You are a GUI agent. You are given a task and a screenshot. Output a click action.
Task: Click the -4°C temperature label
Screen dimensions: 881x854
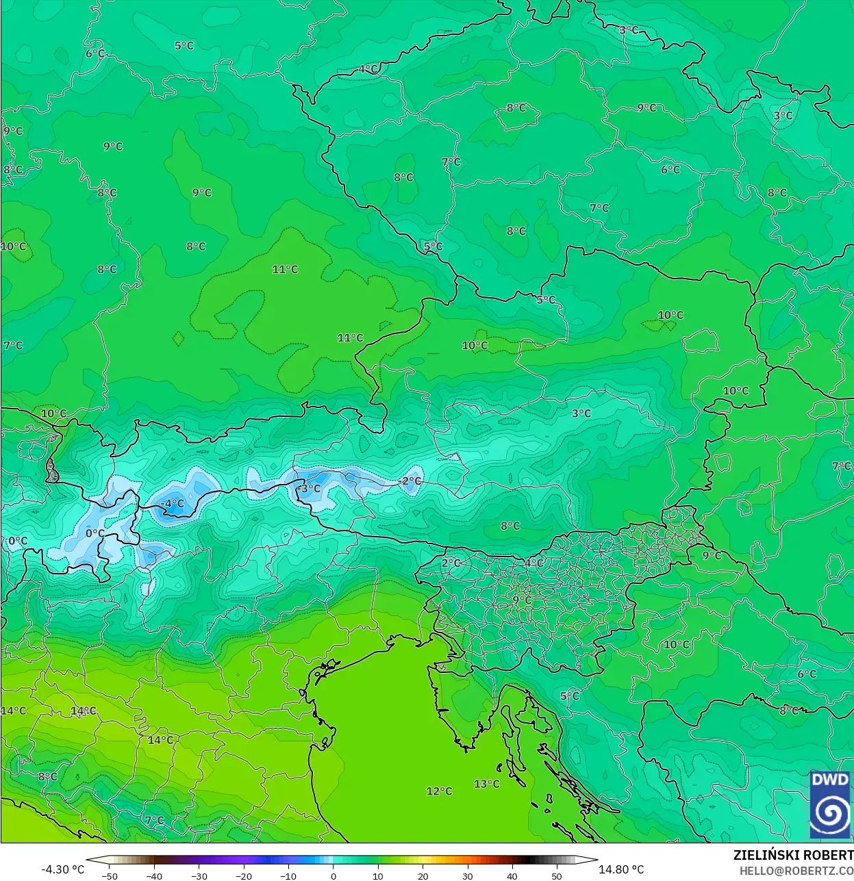pos(172,504)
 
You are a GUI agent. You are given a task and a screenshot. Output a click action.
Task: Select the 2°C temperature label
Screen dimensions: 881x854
pos(451,563)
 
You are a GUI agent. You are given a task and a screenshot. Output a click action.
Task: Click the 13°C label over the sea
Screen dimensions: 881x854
pos(486,784)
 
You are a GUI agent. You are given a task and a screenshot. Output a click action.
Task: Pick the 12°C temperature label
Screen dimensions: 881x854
pos(439,791)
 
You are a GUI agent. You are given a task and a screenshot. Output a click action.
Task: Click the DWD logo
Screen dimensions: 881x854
pos(830,804)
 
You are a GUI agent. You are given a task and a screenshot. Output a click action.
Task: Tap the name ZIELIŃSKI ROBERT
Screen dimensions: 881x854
pos(793,856)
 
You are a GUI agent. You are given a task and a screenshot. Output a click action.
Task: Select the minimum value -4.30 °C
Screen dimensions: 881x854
pos(63,869)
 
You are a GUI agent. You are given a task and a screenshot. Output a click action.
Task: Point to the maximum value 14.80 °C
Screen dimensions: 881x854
pos(621,869)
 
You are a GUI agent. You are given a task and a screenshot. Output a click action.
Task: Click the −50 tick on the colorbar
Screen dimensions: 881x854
pos(110,876)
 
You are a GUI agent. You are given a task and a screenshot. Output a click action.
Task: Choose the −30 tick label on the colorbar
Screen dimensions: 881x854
pos(199,876)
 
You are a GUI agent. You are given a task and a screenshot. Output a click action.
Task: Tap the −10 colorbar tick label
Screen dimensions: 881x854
pos(288,876)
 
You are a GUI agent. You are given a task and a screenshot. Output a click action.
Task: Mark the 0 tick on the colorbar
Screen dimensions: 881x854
pos(334,876)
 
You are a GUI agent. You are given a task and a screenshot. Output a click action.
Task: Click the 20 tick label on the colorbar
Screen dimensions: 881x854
pos(423,876)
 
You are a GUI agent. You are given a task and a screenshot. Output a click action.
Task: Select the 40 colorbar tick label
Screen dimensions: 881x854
pos(512,876)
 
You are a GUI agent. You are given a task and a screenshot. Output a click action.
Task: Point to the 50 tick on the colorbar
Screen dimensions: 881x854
pos(557,876)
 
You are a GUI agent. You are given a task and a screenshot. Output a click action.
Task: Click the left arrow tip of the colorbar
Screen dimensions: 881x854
pos(88,860)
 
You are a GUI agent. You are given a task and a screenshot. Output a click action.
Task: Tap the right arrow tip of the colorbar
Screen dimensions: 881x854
pos(596,860)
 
